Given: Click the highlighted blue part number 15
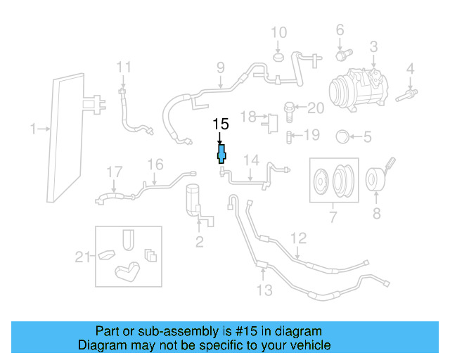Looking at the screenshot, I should (221, 154).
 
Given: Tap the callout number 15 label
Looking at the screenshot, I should (221, 125).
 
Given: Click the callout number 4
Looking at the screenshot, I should (410, 70).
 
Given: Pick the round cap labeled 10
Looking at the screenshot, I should (278, 56).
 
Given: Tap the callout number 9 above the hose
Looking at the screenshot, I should (220, 68).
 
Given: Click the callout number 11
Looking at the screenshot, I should (124, 67).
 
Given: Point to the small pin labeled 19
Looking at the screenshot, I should (290, 135).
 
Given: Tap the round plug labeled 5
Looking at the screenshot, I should (342, 135).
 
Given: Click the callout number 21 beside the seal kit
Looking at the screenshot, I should (84, 257).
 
